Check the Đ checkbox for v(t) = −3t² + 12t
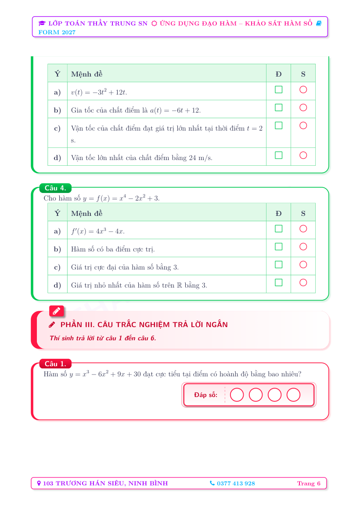tap(278, 89)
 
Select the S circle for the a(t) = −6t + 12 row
tap(303, 107)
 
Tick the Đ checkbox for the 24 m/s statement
tap(278, 155)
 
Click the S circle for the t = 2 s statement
tap(303, 125)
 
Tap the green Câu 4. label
tap(55, 188)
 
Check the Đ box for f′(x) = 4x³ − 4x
tap(278, 229)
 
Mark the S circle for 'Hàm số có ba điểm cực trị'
tap(303, 247)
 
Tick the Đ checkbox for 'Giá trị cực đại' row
tap(278, 264)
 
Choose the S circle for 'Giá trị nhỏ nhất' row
tap(303, 282)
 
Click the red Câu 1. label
tap(55, 364)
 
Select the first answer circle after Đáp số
tap(237, 395)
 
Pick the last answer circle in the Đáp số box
tap(293, 395)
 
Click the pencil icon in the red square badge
tap(56, 311)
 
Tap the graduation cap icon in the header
tap(42, 23)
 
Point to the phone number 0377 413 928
tap(236, 483)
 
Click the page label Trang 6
tap(309, 483)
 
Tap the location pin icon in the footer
tap(39, 483)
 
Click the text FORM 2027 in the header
tap(57, 32)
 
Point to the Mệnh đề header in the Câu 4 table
tap(87, 213)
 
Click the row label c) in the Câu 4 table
tap(57, 267)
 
